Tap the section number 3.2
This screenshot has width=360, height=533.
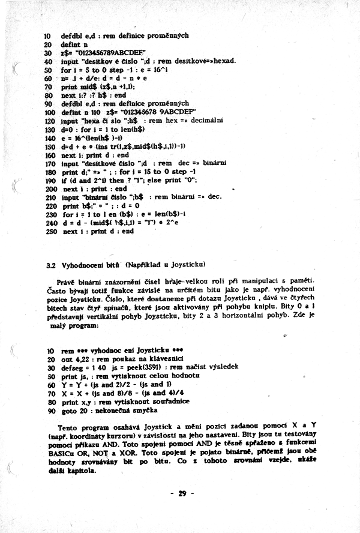(x=51, y=264)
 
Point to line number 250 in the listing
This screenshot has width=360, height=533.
(x=50, y=231)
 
